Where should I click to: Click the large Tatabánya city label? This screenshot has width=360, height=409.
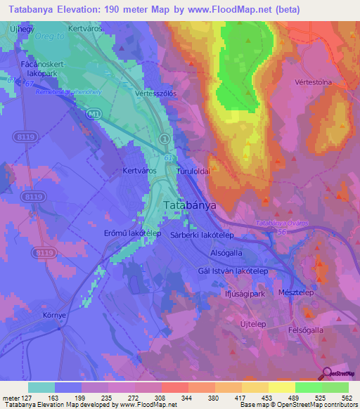189,205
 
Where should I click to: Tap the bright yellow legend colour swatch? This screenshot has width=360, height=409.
281,387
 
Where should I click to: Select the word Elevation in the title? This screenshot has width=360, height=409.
79,10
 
